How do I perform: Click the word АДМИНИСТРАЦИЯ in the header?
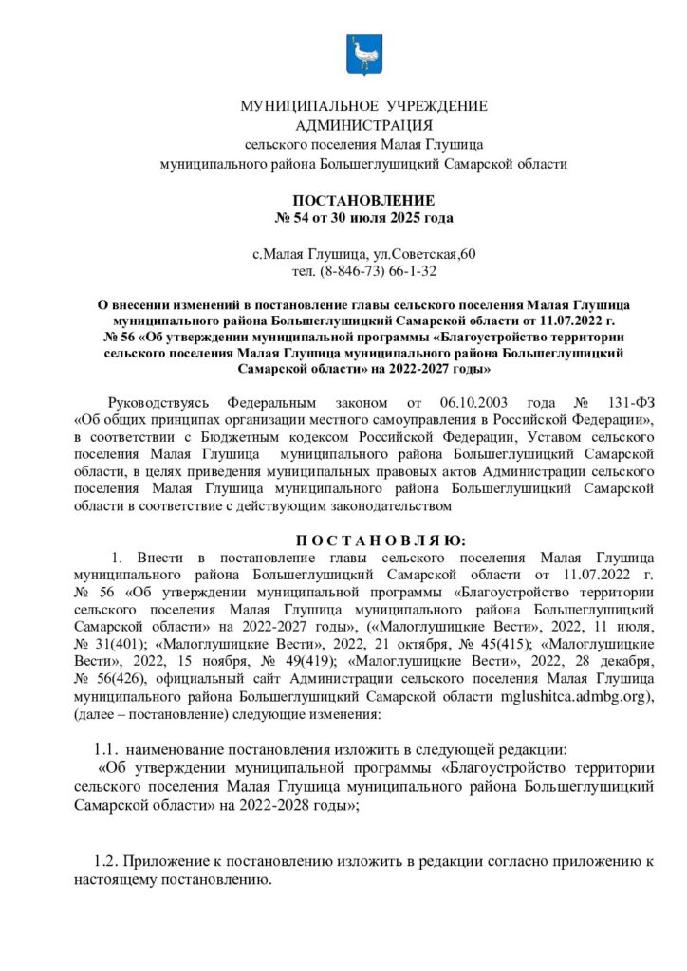[x=363, y=125]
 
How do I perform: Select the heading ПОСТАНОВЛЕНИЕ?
[x=363, y=201]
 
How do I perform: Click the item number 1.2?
[x=106, y=863]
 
